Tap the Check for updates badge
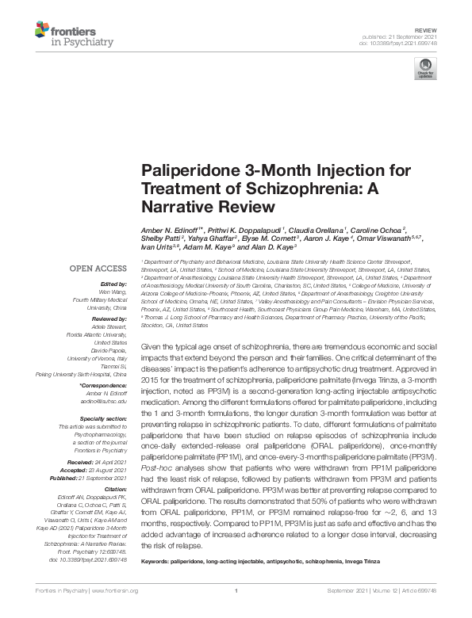pyautogui.click(x=426, y=69)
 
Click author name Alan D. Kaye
pyautogui.click(x=271, y=248)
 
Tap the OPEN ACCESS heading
pyautogui.click(x=98, y=269)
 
